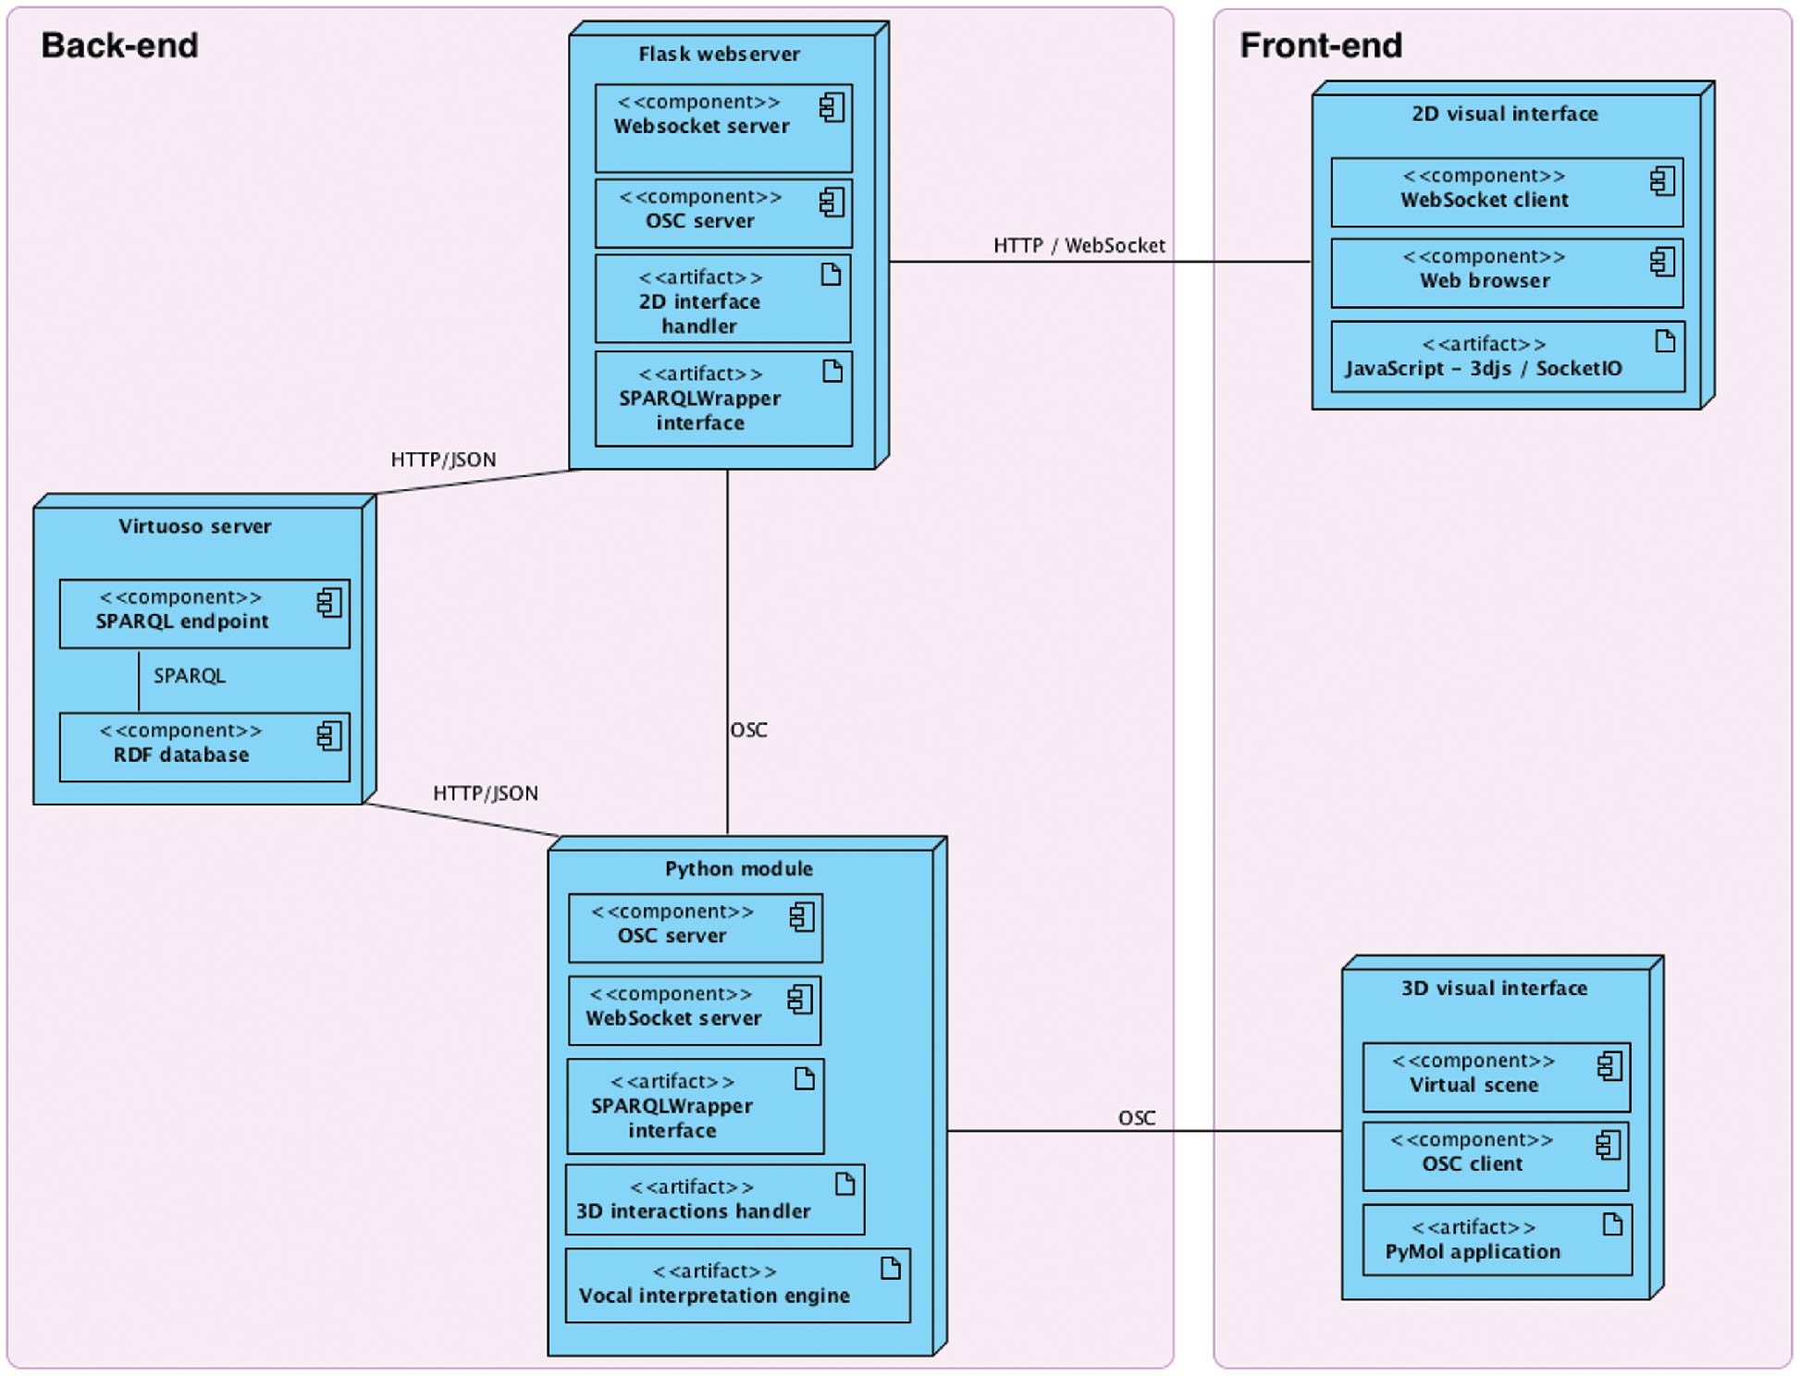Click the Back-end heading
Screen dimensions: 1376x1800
pos(119,45)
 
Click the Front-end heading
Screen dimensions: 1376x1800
pos(1320,45)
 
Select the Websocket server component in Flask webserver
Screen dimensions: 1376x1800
pos(722,128)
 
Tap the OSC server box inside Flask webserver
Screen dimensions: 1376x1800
pos(722,213)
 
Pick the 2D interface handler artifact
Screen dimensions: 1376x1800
pos(722,300)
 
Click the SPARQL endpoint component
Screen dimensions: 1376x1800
pos(204,612)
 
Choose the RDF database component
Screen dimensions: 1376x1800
pos(204,745)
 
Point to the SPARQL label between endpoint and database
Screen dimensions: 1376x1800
pos(189,675)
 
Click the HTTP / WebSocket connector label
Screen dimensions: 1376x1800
pos(1079,245)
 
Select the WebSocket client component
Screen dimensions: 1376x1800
pos(1506,191)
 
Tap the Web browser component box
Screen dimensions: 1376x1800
pos(1506,272)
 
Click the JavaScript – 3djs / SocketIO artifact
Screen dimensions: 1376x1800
pos(1507,356)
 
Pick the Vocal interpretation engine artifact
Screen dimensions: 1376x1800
pos(736,1284)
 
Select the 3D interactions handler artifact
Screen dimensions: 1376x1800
pos(714,1199)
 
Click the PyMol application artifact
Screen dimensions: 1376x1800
pos(1496,1239)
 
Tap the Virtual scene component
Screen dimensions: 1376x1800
pos(1495,1075)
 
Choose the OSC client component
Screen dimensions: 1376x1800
pos(1495,1155)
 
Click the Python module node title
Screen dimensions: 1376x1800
pos(738,867)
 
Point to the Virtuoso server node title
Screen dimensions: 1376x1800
pos(194,525)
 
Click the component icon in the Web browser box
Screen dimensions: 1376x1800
pos(1661,262)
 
